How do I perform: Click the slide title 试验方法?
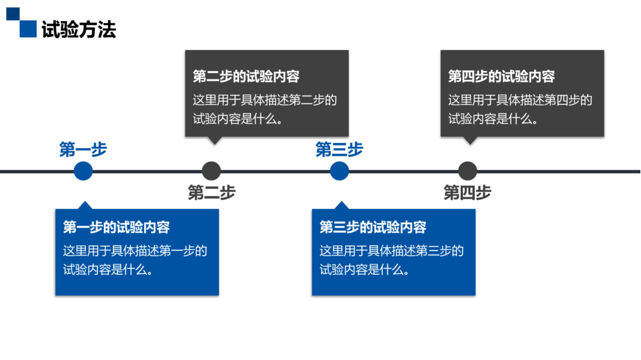(x=79, y=30)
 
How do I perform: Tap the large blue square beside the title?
(x=28, y=29)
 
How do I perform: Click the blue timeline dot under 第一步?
(x=83, y=171)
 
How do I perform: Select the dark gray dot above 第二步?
(x=212, y=171)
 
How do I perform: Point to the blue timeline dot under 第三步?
(x=340, y=171)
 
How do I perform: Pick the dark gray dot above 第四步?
(x=468, y=171)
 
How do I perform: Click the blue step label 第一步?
(x=83, y=150)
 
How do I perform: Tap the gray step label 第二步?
(x=212, y=192)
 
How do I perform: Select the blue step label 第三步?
(x=340, y=150)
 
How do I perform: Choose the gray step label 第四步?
(x=468, y=192)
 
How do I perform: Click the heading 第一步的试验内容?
(x=116, y=227)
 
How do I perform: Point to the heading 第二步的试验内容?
(x=246, y=77)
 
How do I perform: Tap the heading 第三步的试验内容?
(x=373, y=227)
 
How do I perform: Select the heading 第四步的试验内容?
(x=501, y=77)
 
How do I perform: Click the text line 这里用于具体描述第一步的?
(x=135, y=250)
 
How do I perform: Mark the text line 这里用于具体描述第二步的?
(x=265, y=100)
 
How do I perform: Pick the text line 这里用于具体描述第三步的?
(x=392, y=250)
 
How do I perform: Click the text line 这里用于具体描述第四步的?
(x=520, y=100)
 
